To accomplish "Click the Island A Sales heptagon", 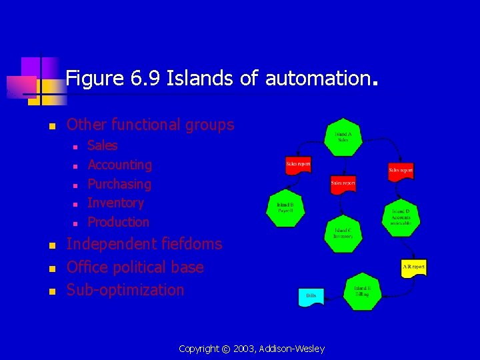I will point(343,137).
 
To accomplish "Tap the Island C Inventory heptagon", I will point(343,233).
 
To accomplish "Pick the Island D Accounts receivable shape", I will point(401,217).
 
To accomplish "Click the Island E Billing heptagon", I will point(361,292).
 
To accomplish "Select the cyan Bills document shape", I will point(311,296).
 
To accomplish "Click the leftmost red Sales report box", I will point(298,165).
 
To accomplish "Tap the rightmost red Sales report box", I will point(401,171).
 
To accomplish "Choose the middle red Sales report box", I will point(343,183).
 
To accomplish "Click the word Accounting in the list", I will point(120,165).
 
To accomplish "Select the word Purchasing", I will point(119,184).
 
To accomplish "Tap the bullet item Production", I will point(119,222).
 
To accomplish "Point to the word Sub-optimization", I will point(125,290).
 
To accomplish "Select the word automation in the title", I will point(317,79).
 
